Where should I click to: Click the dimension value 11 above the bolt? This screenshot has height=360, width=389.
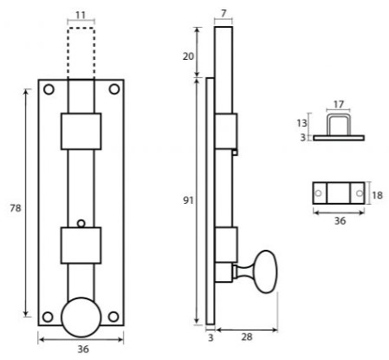80,16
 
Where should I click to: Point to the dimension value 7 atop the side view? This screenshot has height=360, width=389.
224,14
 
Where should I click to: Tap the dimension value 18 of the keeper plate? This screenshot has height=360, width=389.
377,195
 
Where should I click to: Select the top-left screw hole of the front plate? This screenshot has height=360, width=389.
49,88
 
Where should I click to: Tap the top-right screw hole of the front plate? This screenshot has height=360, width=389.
113,88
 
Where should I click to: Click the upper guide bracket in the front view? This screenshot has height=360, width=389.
81,130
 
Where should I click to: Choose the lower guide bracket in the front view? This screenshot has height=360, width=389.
81,245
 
